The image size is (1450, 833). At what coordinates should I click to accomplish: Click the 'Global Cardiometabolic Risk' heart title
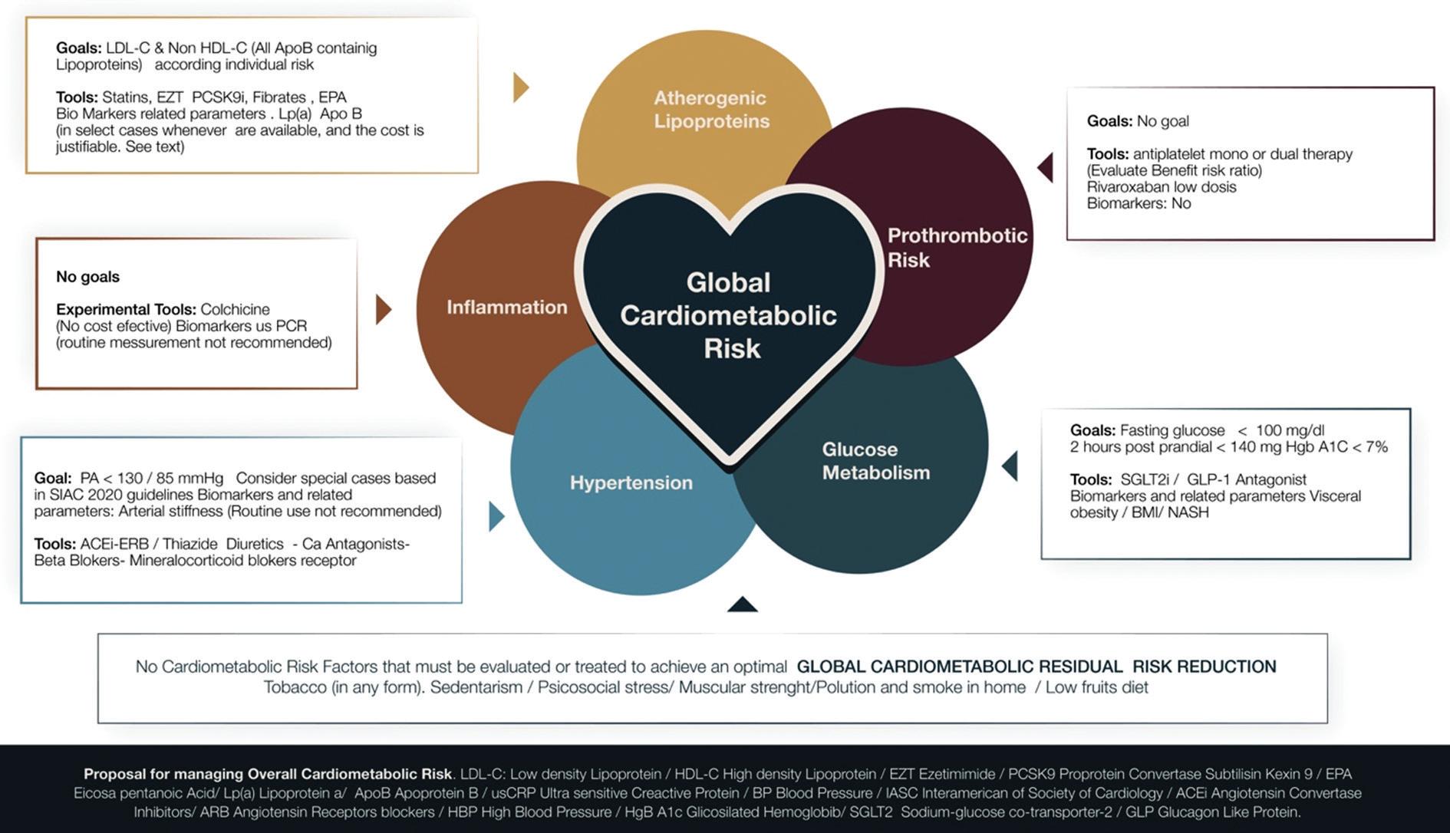point(728,315)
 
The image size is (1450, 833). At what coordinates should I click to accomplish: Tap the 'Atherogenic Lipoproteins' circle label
point(711,110)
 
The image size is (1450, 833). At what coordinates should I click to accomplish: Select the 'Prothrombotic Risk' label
point(957,247)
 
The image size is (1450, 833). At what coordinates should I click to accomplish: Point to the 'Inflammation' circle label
point(507,308)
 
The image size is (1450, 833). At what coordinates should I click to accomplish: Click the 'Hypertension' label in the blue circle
point(631,482)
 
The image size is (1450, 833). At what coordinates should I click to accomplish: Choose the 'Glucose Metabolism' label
point(875,461)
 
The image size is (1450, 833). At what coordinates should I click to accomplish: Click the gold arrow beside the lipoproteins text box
point(521,87)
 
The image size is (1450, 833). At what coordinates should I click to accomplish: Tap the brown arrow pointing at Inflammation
point(383,309)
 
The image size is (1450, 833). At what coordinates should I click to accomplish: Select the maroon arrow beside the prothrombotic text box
point(1046,167)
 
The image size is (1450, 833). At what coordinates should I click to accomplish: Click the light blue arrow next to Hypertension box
point(496,516)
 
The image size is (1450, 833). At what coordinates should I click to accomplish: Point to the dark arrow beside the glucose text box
point(1010,466)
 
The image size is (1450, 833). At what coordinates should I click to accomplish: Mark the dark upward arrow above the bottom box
point(742,604)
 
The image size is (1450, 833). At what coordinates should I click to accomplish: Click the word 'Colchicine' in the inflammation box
point(235,309)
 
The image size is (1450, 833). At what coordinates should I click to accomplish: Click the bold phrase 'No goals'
point(87,277)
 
